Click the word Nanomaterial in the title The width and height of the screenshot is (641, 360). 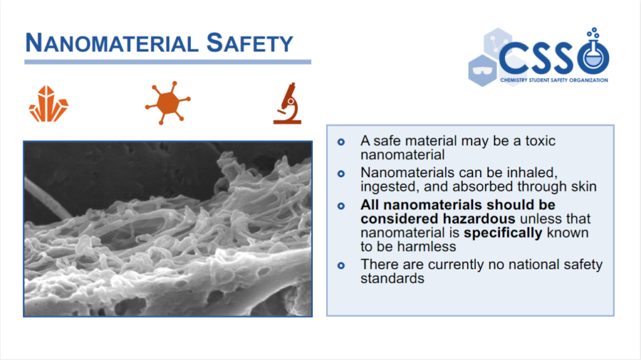[111, 43]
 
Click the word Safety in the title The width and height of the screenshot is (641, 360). [250, 43]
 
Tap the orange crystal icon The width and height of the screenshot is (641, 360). [48, 104]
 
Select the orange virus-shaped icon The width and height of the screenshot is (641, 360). [168, 103]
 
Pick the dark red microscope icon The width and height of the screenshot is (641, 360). [287, 103]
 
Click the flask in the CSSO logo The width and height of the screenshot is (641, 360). [593, 53]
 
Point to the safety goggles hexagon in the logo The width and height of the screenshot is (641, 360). [482, 70]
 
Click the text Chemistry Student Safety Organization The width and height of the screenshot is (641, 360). [554, 80]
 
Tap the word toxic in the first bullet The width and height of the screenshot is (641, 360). [540, 141]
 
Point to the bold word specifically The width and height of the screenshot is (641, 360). [503, 233]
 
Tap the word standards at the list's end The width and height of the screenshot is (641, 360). [392, 279]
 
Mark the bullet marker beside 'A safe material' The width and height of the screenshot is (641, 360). [341, 142]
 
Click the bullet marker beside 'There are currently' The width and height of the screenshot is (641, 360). [341, 265]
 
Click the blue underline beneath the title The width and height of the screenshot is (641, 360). [168, 62]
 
